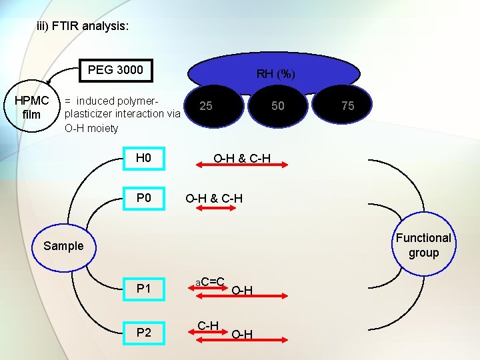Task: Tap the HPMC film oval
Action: pyautogui.click(x=32, y=107)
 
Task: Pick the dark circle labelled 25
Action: pyautogui.click(x=207, y=106)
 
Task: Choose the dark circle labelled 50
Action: pyautogui.click(x=277, y=106)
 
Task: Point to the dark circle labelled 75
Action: pyautogui.click(x=347, y=106)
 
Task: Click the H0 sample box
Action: pyautogui.click(x=144, y=158)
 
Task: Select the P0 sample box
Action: pyautogui.click(x=144, y=199)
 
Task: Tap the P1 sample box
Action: pyautogui.click(x=144, y=289)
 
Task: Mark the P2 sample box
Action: pyautogui.click(x=144, y=332)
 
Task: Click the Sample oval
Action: pyautogui.click(x=63, y=246)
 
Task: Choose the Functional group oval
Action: pyautogui.click(x=423, y=245)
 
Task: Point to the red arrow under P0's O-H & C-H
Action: pyautogui.click(x=213, y=209)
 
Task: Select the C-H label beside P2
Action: pyautogui.click(x=209, y=325)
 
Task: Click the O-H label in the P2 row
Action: pyautogui.click(x=241, y=334)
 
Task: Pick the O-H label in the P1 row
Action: pyautogui.click(x=241, y=290)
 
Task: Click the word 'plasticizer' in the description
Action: pyautogui.click(x=88, y=114)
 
